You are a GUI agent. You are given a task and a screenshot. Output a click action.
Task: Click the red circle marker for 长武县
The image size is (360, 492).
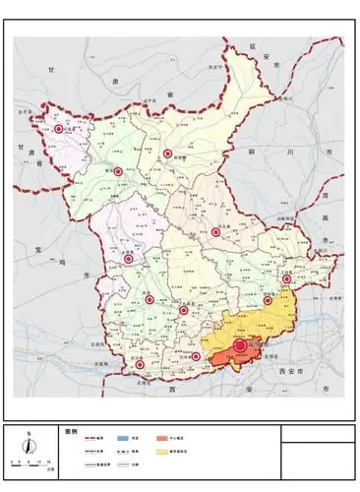pyautogui.click(x=58, y=129)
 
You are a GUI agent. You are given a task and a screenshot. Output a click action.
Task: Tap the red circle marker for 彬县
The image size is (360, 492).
pyautogui.click(x=118, y=171)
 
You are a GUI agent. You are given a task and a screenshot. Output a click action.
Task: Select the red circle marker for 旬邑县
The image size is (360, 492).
pyautogui.click(x=167, y=154)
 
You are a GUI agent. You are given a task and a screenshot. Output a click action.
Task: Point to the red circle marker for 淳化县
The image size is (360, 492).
pyautogui.click(x=215, y=232)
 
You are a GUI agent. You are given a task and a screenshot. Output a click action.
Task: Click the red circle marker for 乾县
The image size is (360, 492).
pyautogui.click(x=150, y=299)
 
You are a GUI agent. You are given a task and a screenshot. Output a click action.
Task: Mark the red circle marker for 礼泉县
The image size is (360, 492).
pyautogui.click(x=184, y=311)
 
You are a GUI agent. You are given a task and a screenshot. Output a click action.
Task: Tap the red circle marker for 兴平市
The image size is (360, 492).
pyautogui.click(x=195, y=356)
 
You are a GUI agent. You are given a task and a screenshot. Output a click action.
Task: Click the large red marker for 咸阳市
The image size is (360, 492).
pyautogui.click(x=240, y=346)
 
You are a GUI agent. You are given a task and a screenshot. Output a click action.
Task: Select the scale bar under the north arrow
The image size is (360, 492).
pyautogui.click(x=30, y=461)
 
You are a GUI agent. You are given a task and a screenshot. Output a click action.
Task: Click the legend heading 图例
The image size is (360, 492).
pyautogui.click(x=70, y=431)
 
